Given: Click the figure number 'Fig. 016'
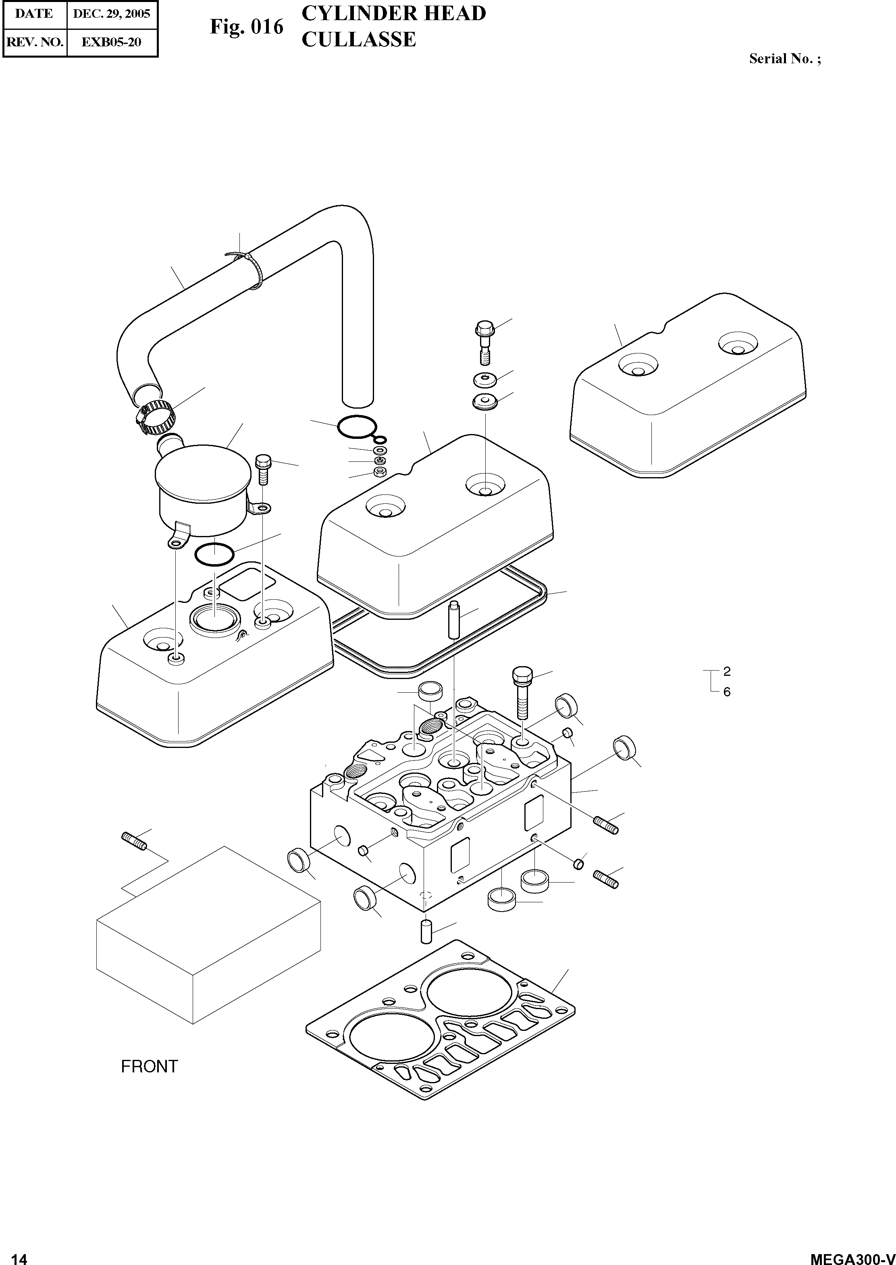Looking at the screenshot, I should [x=246, y=27].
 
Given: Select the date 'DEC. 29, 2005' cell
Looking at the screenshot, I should [x=112, y=14].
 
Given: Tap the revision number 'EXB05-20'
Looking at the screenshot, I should [x=112, y=42].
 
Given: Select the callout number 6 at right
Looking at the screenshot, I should [x=727, y=692].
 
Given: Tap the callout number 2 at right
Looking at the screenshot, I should [x=727, y=671].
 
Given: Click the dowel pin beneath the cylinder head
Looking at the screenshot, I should [x=426, y=932].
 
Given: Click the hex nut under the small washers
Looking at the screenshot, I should [x=380, y=472].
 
